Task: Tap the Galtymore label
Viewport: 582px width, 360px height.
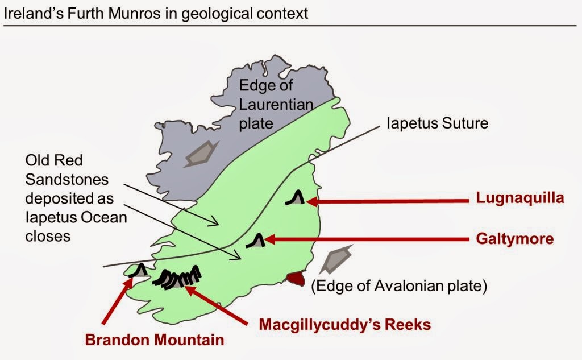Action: pos(514,239)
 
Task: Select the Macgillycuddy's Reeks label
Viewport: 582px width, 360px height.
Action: pos(344,324)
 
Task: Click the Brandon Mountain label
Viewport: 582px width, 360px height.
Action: pos(154,341)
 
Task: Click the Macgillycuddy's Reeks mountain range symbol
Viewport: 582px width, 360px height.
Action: pos(181,278)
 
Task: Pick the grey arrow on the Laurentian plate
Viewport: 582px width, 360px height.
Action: pos(201,152)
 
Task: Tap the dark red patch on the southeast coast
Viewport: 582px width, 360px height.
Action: pos(296,279)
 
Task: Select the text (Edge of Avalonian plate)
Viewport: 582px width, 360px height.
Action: pos(398,286)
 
